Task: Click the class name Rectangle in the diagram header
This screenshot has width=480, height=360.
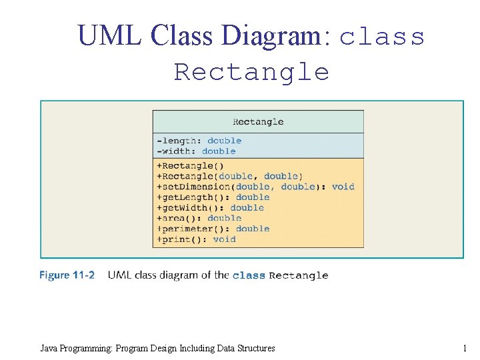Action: coord(258,122)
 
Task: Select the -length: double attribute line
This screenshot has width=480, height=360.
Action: coord(199,141)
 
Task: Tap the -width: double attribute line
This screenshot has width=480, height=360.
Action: coord(196,151)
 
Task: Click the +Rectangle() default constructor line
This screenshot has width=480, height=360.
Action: coord(190,166)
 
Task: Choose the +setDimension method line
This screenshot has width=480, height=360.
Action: coord(255,187)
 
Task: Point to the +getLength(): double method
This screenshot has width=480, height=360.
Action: coord(213,197)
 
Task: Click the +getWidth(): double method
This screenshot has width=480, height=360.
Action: coord(210,207)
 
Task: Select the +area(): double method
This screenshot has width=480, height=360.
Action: coord(199,218)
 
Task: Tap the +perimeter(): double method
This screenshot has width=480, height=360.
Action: coord(213,229)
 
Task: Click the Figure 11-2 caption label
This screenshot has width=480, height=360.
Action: coord(67,275)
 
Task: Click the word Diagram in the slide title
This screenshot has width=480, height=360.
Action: coord(275,36)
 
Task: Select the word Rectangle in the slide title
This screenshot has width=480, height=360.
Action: coord(251,72)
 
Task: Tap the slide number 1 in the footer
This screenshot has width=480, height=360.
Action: coord(464,348)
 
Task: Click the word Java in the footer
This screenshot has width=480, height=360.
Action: coord(49,348)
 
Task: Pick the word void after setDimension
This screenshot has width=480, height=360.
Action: coord(343,187)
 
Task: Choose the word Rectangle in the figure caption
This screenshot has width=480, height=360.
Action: coord(298,275)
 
